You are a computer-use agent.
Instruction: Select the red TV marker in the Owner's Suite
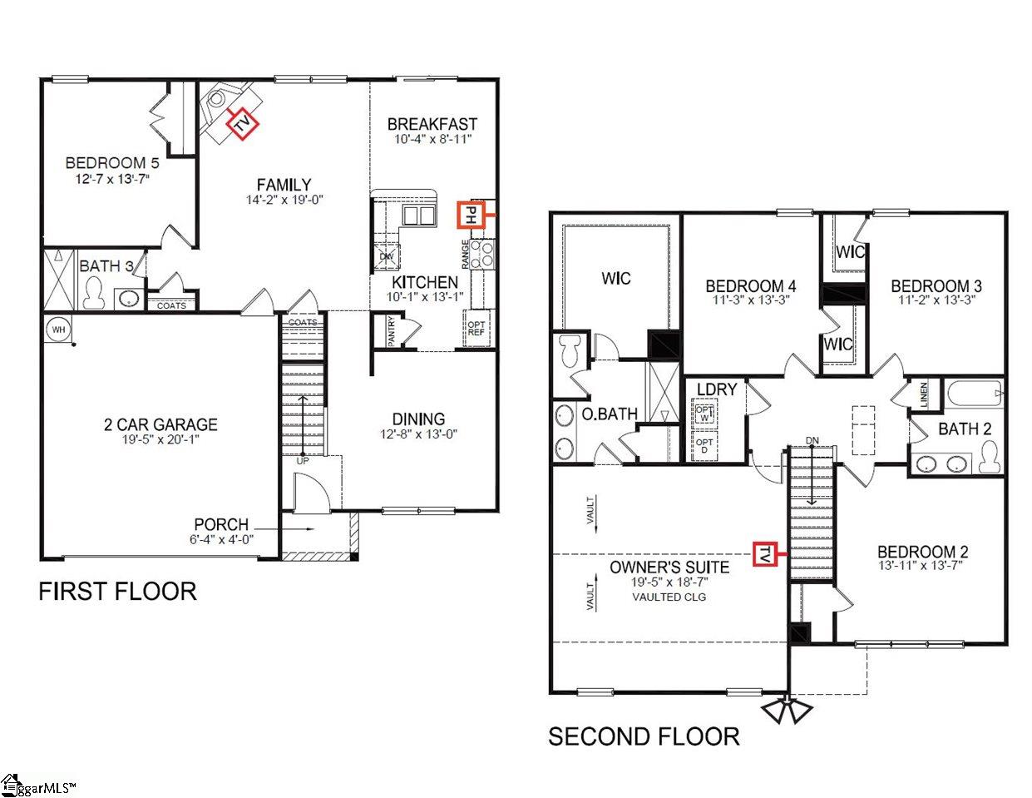coord(764,554)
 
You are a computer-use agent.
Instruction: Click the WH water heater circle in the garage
coord(58,330)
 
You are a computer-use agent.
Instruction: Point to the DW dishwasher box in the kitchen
coord(387,256)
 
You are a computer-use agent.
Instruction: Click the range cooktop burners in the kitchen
coord(482,253)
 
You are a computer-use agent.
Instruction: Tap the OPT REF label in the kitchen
coord(476,328)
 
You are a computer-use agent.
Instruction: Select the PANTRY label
coord(392,330)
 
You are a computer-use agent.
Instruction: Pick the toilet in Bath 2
coord(990,457)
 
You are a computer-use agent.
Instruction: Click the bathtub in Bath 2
coord(974,394)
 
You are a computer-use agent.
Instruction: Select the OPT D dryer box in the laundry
coord(704,445)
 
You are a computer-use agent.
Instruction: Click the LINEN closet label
coord(923,394)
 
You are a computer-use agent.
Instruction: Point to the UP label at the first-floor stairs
coord(303,461)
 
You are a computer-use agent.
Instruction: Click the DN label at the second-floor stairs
coord(812,440)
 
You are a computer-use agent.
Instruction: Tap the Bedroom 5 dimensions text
coord(112,180)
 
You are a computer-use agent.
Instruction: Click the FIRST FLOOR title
coord(117,592)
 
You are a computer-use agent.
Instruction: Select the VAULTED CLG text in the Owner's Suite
coord(669,597)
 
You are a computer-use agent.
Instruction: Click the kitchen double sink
coord(418,216)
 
